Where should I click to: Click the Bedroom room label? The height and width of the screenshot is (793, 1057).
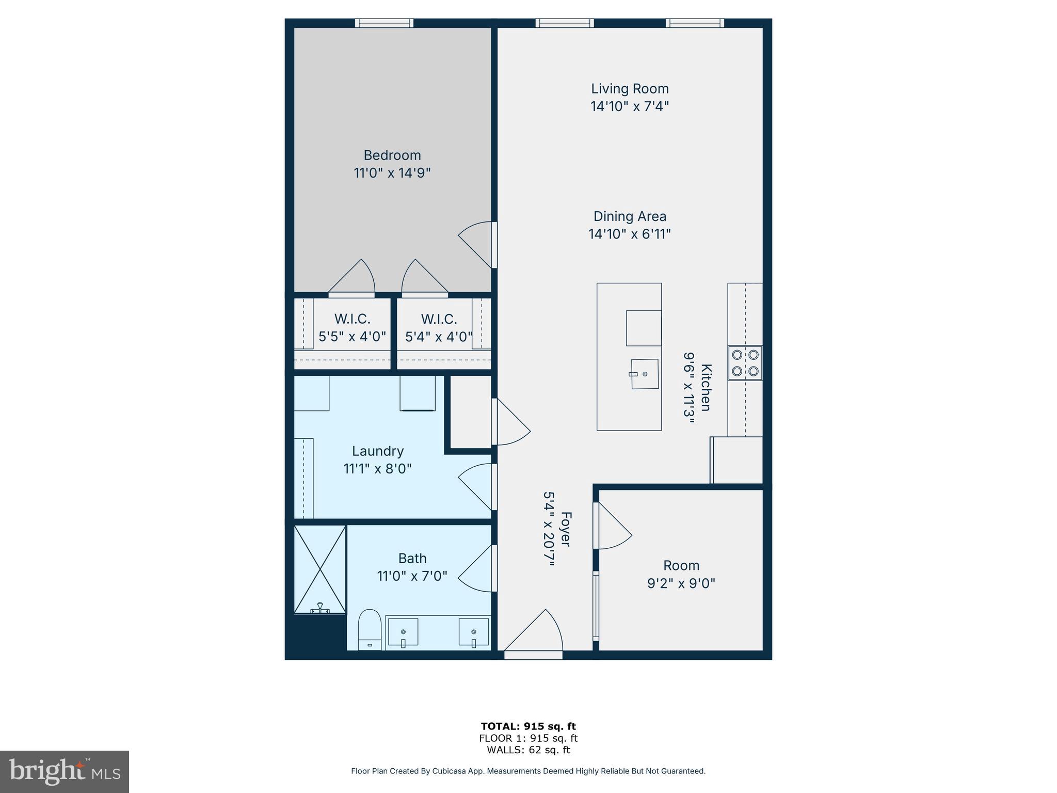392,155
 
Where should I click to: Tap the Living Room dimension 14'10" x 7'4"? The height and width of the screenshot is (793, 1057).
629,106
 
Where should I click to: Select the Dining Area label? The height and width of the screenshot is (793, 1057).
629,216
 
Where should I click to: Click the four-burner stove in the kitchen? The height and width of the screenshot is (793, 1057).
745,363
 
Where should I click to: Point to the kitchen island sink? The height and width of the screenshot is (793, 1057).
644,374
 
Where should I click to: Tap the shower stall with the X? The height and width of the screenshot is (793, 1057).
320,569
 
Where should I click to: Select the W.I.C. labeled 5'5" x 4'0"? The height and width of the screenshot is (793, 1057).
352,328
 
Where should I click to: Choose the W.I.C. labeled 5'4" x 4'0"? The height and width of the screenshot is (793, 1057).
439,328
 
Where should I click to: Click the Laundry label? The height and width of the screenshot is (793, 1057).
378,451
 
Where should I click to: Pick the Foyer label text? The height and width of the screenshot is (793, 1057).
566,529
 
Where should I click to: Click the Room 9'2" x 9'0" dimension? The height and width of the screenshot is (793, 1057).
681,583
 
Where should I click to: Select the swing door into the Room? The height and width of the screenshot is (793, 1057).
613,527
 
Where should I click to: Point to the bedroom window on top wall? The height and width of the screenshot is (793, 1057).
384,23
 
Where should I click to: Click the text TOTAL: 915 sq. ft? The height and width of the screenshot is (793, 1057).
528,726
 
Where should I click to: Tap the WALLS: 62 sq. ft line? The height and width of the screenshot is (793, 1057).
528,750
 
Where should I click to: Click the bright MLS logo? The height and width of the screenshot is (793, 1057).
65,771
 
